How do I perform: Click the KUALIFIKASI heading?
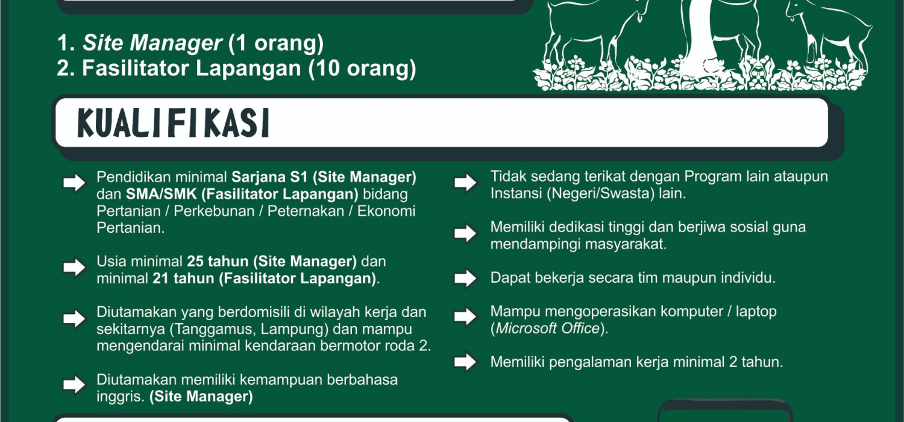tap(173, 123)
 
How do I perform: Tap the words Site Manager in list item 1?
tap(152, 43)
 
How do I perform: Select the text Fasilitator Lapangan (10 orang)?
tap(249, 68)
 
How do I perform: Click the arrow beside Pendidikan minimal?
tap(74, 183)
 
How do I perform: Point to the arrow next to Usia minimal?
tap(74, 267)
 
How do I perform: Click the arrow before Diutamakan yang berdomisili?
tap(74, 319)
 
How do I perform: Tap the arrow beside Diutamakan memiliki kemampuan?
tap(74, 385)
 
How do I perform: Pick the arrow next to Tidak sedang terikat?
tap(465, 183)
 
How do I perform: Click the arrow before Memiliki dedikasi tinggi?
tap(465, 233)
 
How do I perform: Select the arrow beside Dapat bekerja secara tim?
tap(465, 279)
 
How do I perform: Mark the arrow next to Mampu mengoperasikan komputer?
tap(465, 316)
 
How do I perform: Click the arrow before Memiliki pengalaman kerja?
tap(465, 362)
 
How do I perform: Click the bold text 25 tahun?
tap(218, 261)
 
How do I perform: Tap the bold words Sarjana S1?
tap(269, 177)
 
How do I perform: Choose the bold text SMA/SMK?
tap(161, 194)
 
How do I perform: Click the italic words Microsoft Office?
tap(547, 329)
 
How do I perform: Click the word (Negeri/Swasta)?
tap(600, 194)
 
